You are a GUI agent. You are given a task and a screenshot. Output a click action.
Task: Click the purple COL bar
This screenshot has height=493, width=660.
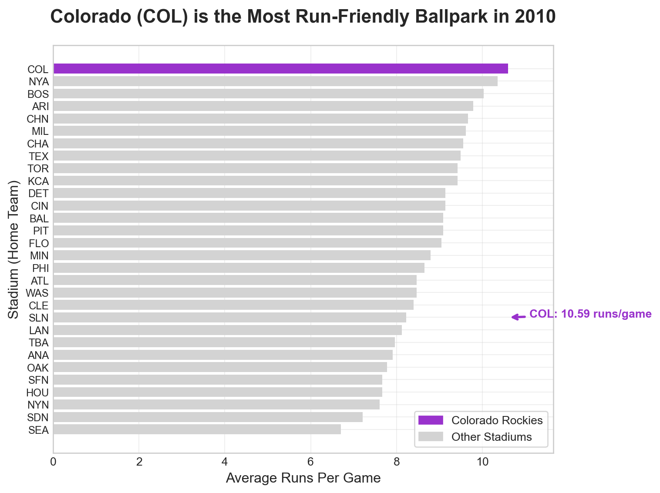point(280,69)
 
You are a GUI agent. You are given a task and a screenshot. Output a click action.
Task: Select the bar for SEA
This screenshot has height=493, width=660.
point(197,429)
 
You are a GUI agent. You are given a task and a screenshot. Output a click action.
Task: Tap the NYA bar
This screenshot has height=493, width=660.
point(275,81)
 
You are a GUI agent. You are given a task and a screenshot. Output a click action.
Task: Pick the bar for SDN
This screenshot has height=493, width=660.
point(208,417)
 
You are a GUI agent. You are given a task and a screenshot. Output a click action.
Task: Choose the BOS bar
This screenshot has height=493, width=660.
point(268,94)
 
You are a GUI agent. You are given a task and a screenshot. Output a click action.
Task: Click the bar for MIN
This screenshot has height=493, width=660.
point(242,255)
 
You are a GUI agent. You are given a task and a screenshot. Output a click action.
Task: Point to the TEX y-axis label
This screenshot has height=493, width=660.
point(39,156)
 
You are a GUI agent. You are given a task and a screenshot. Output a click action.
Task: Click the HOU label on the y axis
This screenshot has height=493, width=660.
point(37,393)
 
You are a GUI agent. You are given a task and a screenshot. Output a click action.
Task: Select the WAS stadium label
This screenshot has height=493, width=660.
point(37,293)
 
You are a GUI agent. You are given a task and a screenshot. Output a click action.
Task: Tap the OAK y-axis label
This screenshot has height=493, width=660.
point(38,368)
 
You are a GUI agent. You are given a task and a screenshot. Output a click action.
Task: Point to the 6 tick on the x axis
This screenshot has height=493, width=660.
point(310,462)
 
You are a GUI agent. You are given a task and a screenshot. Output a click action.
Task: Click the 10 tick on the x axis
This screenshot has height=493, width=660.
point(482,462)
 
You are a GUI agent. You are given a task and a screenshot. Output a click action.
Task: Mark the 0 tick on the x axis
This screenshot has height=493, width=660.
point(53,462)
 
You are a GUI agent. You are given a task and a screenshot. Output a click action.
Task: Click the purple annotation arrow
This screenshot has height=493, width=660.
point(517,317)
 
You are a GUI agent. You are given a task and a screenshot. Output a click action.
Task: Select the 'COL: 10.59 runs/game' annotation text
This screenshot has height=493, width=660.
point(590,314)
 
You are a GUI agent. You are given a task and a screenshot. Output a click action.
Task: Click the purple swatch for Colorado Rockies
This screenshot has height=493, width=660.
point(430,420)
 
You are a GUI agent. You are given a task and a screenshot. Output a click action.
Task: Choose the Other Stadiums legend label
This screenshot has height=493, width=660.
point(492,437)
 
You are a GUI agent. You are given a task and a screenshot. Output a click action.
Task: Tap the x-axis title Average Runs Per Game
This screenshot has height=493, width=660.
point(303,478)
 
